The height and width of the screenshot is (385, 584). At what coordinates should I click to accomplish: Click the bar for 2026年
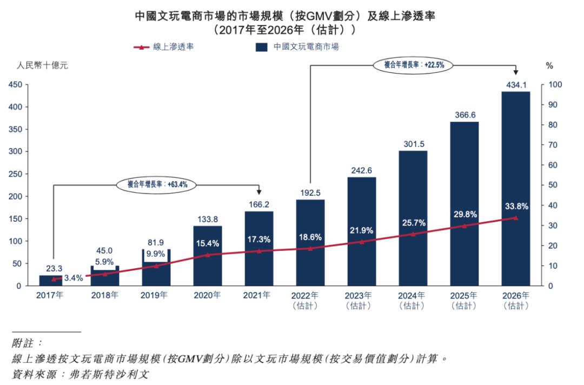515,162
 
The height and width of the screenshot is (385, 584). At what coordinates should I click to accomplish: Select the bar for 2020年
208,270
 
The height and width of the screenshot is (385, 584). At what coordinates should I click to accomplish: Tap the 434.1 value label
515,84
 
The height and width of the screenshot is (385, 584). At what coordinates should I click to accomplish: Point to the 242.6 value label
361,170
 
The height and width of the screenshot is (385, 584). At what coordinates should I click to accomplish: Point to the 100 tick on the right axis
556,85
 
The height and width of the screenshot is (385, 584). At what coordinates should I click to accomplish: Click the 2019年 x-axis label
156,296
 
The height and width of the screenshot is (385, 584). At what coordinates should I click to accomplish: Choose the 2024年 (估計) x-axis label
413,301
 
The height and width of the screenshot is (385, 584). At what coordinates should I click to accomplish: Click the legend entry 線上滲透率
164,47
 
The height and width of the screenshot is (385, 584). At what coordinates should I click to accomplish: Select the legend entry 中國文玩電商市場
297,47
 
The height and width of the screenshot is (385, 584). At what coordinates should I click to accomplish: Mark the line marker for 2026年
515,218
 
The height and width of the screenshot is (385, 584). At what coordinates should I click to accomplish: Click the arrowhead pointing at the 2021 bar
259,192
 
